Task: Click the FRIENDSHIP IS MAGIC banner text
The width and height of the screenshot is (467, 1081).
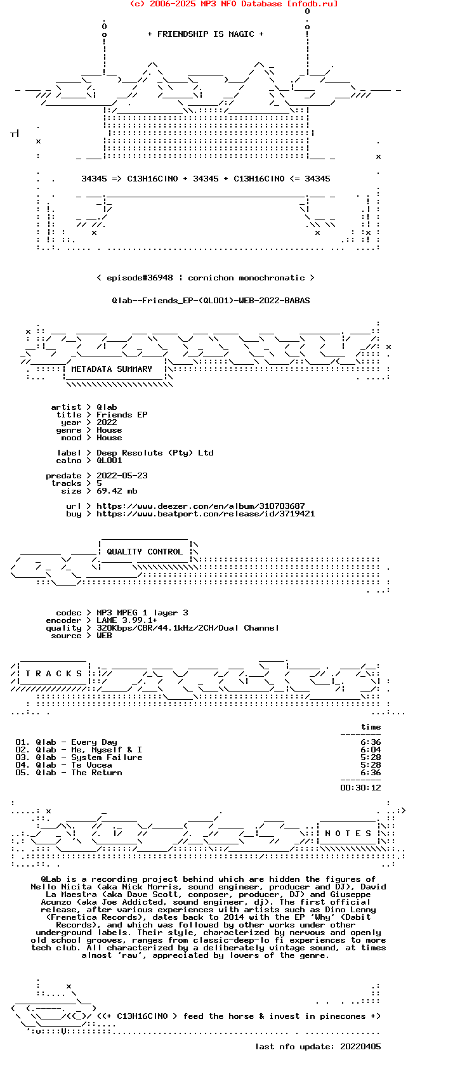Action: pos(206,34)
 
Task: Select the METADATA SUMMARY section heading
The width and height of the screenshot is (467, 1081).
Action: pos(112,369)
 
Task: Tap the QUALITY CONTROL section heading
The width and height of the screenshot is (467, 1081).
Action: pos(145,552)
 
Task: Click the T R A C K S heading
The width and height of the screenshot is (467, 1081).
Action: pos(53,674)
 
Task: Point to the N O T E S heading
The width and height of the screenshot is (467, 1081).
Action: pos(348,834)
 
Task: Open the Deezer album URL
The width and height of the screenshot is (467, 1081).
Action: pos(201,506)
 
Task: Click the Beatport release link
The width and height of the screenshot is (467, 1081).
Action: pos(206,514)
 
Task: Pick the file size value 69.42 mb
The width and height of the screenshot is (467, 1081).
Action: pos(117,491)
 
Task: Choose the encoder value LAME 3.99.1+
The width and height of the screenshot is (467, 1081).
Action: pos(127,620)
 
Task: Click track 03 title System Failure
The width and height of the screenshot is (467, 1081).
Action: pos(107,757)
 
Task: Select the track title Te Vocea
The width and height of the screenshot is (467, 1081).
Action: pos(91,765)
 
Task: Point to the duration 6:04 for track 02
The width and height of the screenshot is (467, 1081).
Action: pos(371,750)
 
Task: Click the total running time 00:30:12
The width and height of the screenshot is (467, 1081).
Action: pos(360,788)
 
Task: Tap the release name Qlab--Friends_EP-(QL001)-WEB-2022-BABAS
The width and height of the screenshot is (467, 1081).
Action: pos(211,301)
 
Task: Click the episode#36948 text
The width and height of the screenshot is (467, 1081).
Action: pos(140,278)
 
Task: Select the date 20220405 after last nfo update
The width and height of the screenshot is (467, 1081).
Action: pos(360,1047)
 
